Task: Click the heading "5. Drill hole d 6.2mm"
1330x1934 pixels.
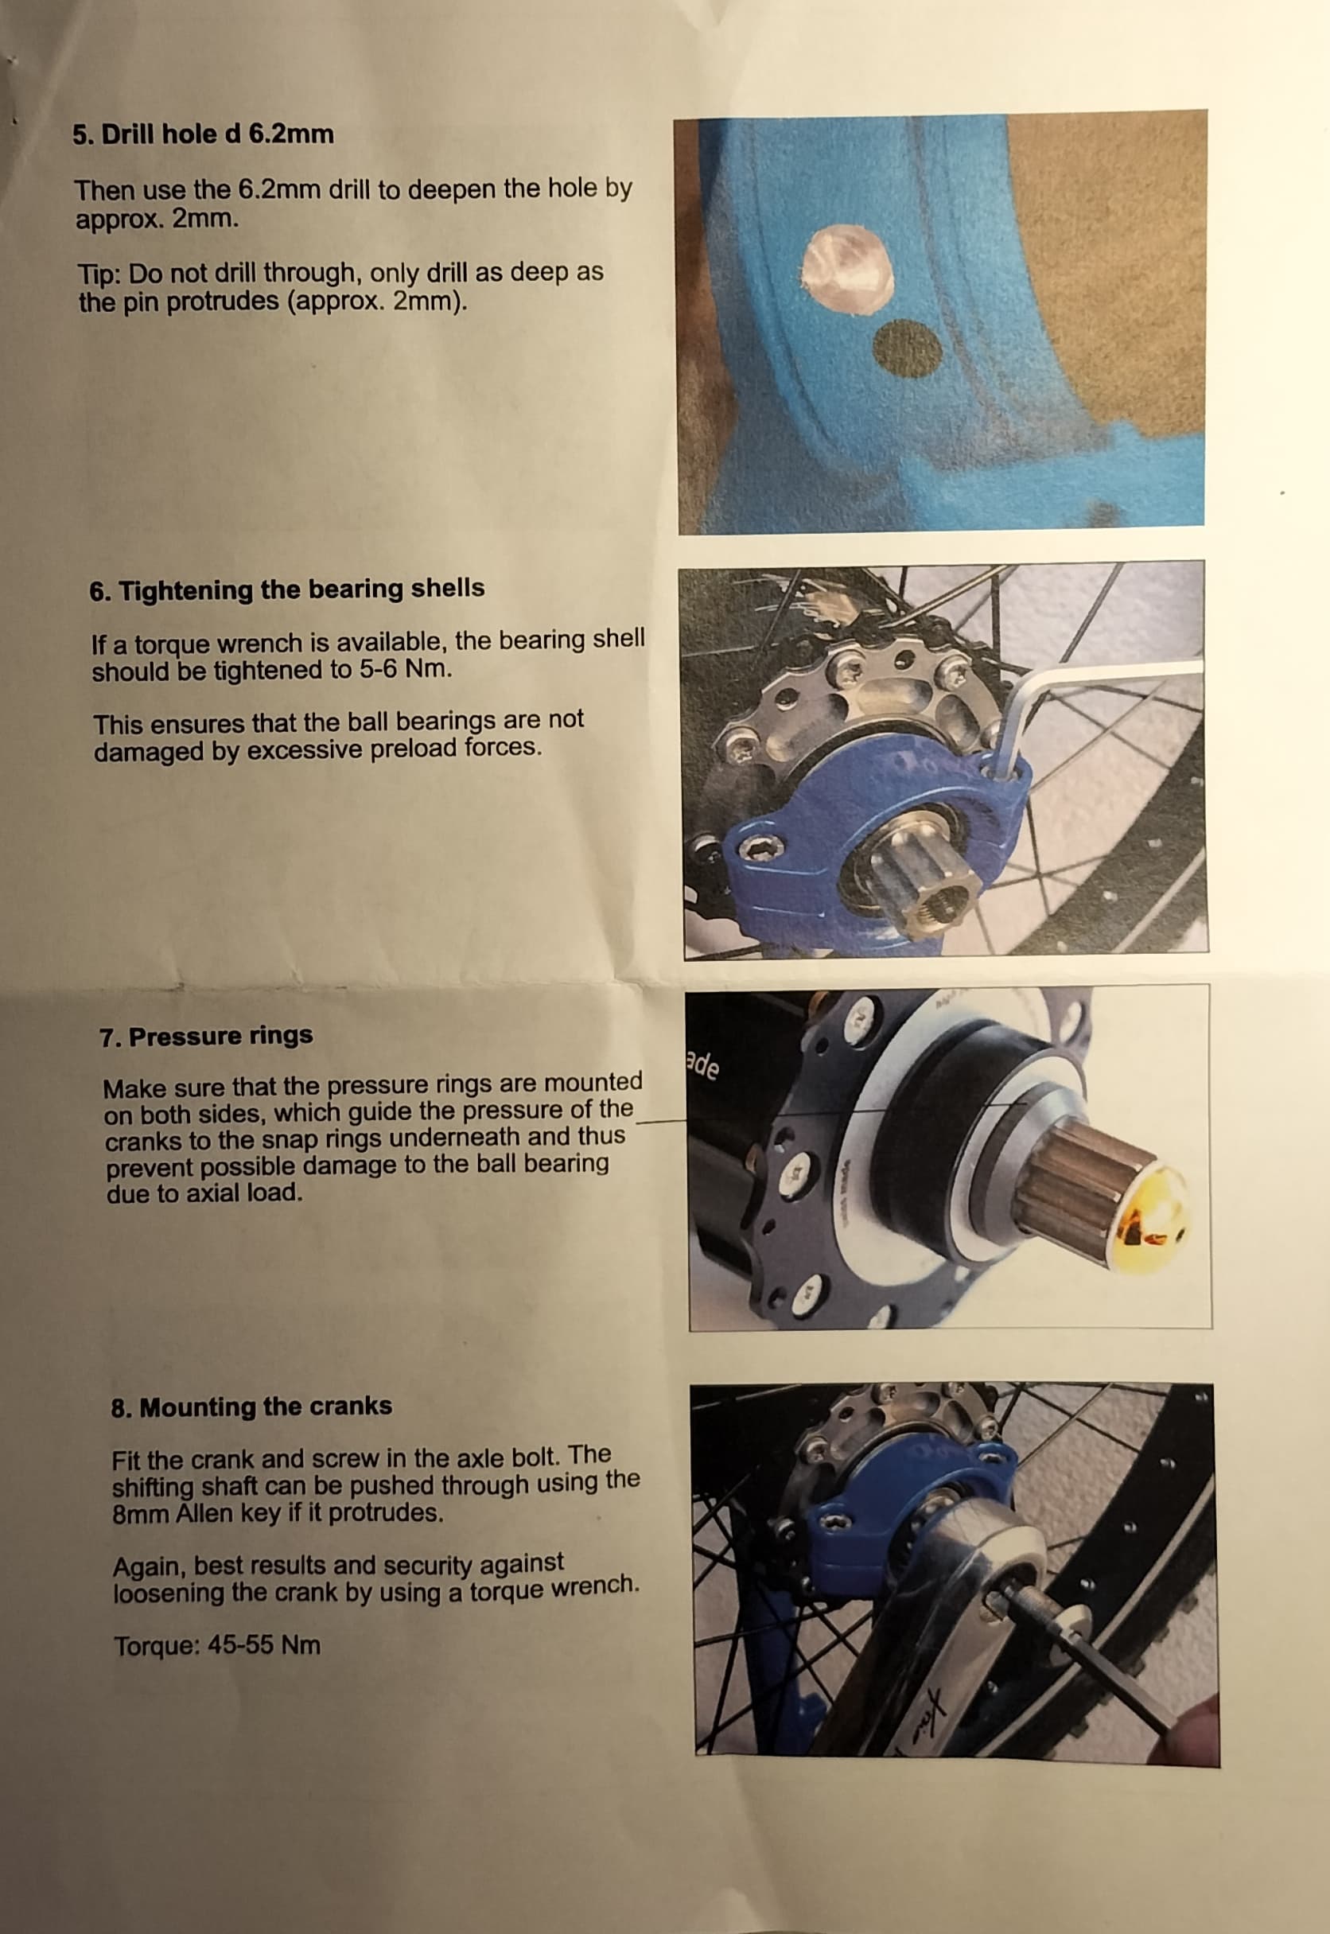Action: click(x=203, y=134)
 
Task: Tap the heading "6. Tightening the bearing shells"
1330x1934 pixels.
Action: click(x=286, y=590)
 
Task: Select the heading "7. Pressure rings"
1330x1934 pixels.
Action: click(x=206, y=1036)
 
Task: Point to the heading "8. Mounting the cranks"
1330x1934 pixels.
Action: click(x=251, y=1407)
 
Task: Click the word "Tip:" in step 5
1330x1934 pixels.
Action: click(x=100, y=274)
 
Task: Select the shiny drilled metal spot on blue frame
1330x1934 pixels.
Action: click(x=846, y=268)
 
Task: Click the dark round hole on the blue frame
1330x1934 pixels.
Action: click(x=909, y=348)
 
